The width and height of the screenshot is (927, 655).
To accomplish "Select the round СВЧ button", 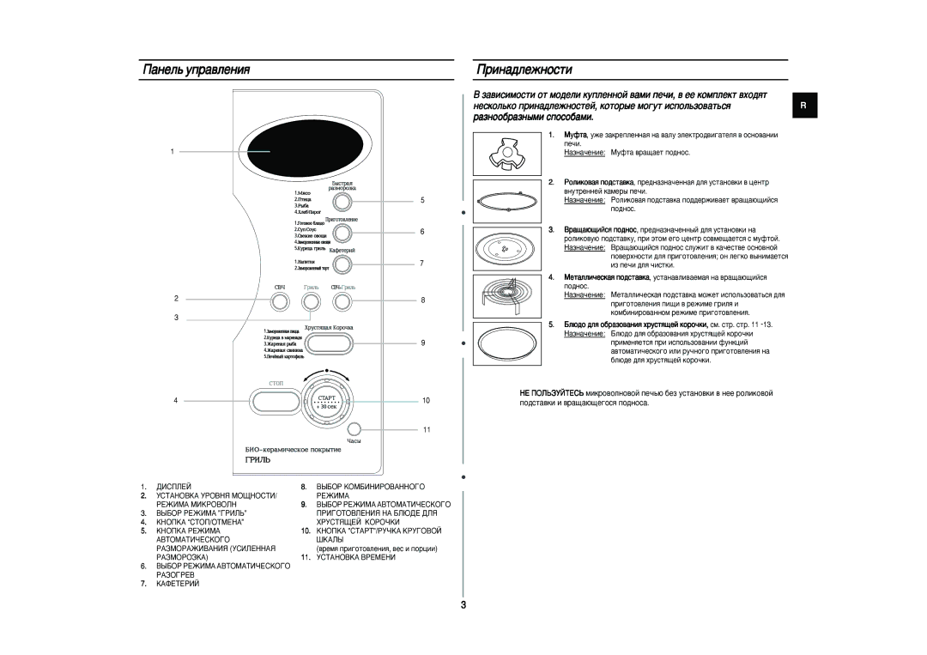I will [x=280, y=300].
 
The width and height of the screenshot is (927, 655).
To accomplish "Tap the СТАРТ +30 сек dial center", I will [x=327, y=401].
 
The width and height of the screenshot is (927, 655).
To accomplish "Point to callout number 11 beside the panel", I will [x=424, y=428].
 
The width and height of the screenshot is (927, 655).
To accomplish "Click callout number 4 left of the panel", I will [x=175, y=401].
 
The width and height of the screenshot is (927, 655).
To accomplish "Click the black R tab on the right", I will [x=804, y=105].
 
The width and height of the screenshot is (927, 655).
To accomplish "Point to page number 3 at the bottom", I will [x=463, y=607].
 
